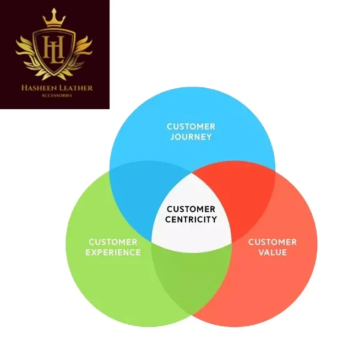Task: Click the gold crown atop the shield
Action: tap(55, 18)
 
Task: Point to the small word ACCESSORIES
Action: tap(55, 95)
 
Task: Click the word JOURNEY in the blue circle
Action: tap(191, 137)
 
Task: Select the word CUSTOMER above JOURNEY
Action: tap(191, 127)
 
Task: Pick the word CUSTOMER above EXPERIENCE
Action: tap(113, 242)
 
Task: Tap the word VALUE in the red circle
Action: tap(273, 252)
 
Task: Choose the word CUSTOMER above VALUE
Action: tap(273, 242)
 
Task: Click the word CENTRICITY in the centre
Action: tap(191, 219)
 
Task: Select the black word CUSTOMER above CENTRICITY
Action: tap(191, 209)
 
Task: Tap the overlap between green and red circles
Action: tap(191, 281)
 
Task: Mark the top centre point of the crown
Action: tap(55, 10)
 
